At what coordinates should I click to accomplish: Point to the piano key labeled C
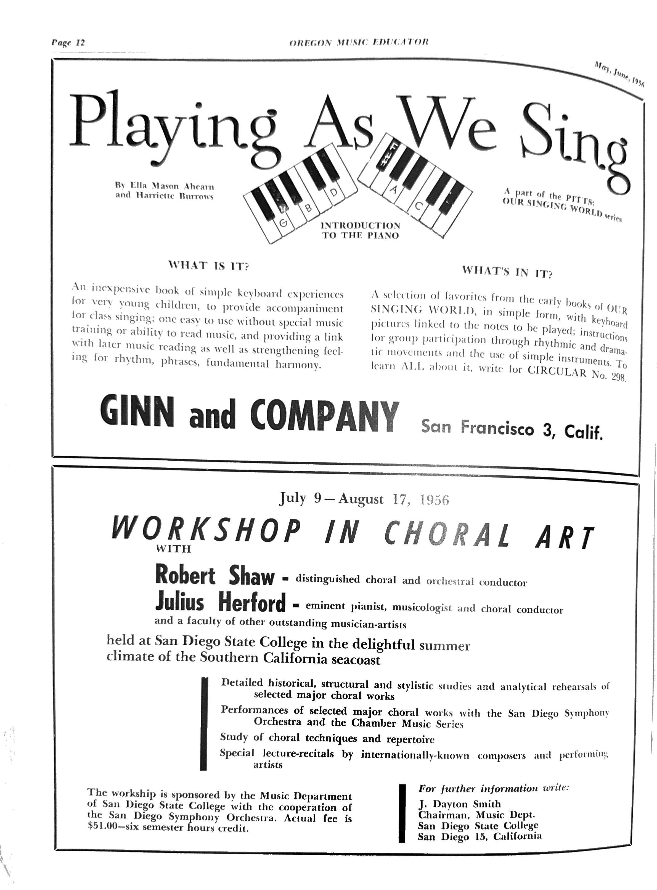(x=418, y=206)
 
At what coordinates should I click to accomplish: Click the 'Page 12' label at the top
(x=68, y=43)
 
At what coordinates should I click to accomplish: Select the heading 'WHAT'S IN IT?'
(x=507, y=273)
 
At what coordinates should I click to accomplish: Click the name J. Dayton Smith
(x=459, y=804)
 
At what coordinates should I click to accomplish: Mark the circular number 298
(x=618, y=377)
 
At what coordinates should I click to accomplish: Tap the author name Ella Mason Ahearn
(x=164, y=186)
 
